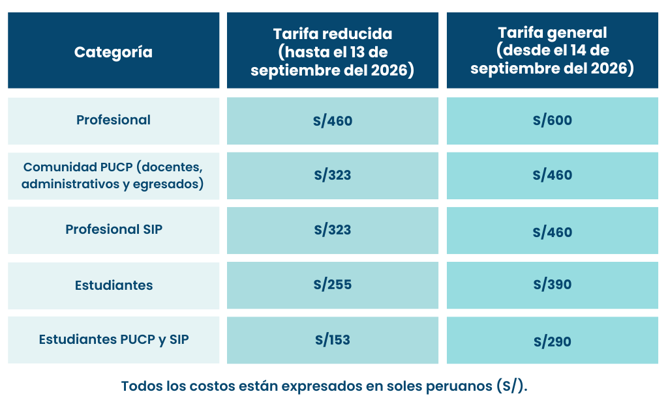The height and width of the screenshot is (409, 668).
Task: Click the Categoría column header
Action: (x=114, y=52)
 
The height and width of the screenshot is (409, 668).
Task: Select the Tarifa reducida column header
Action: (x=332, y=52)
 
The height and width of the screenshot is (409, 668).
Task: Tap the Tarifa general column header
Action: (x=552, y=50)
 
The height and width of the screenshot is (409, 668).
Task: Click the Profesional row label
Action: (x=114, y=120)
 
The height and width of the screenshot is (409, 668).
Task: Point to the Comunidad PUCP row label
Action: (x=113, y=175)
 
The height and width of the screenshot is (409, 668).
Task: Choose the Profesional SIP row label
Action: (x=114, y=229)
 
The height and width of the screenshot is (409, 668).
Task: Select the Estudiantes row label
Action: (x=114, y=285)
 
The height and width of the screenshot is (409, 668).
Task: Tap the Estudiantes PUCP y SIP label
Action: (x=114, y=339)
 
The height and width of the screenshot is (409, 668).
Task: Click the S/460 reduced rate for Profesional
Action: (x=333, y=120)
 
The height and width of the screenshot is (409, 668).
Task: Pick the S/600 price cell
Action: (x=553, y=120)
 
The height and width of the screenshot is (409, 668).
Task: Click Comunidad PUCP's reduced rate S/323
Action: (x=333, y=175)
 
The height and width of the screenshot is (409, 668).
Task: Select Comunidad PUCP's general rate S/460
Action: (x=553, y=175)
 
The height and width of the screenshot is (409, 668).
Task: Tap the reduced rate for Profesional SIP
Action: (x=333, y=230)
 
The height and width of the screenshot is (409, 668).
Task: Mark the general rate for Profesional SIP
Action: (x=553, y=232)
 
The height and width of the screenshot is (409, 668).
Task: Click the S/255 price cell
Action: (x=333, y=285)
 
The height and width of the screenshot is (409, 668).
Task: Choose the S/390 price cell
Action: (x=553, y=285)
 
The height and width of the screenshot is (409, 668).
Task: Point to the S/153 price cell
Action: (x=333, y=340)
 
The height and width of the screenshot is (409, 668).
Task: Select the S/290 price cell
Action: (x=553, y=341)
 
